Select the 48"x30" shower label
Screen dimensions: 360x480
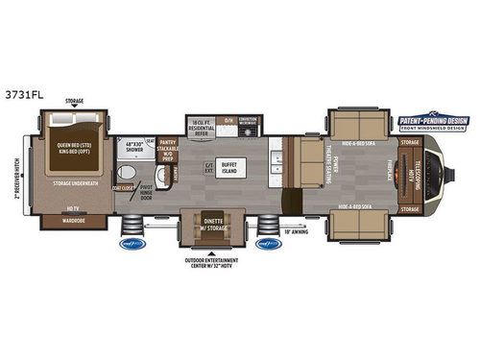pyautogui.click(x=138, y=147)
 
